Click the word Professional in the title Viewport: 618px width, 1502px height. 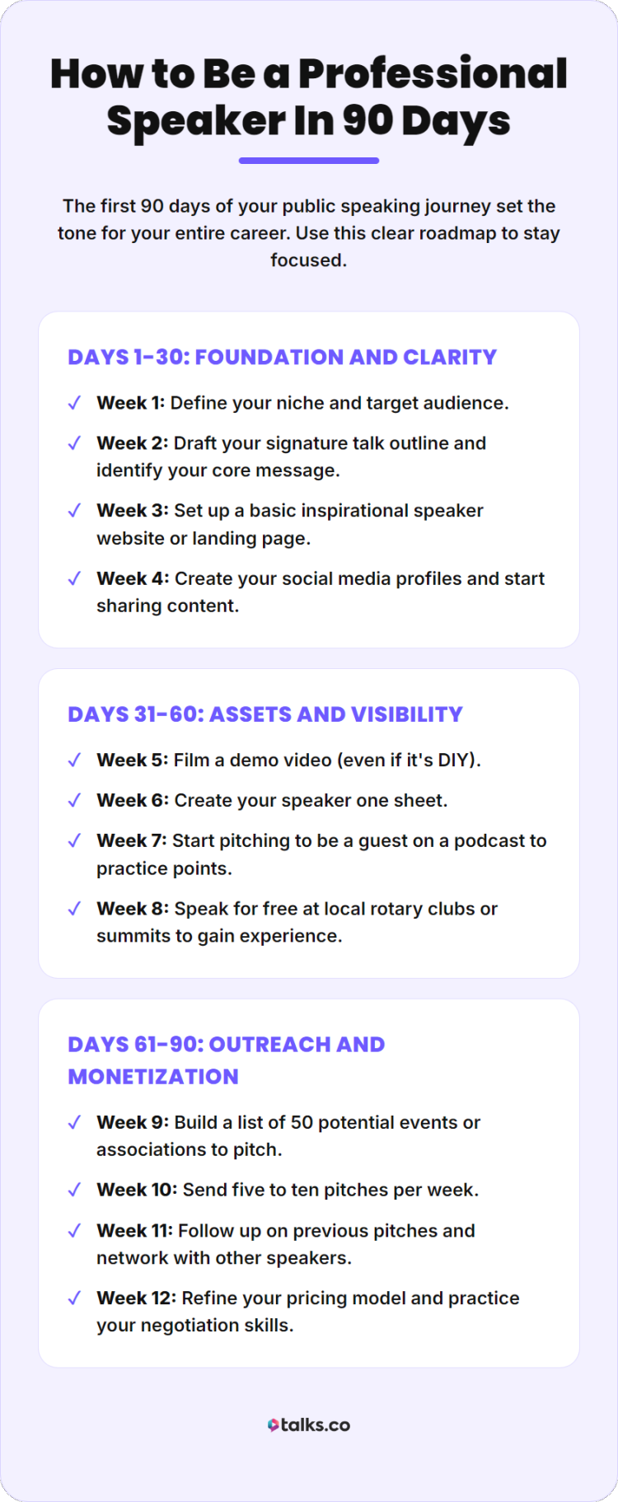pos(433,74)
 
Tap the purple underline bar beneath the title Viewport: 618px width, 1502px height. pos(308,161)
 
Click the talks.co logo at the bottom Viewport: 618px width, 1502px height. pos(309,1425)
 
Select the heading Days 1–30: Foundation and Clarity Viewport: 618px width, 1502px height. pos(282,357)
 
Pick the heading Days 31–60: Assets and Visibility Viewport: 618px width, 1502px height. pos(265,714)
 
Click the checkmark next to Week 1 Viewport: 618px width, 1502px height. pos(74,403)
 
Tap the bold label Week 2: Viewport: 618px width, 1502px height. pos(132,443)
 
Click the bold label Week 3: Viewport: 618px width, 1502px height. pos(132,511)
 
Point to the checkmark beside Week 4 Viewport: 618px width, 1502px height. pos(74,578)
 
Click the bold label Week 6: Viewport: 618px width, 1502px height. pos(132,800)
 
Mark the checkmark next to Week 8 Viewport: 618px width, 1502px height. pos(74,909)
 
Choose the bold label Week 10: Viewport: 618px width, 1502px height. pos(136,1190)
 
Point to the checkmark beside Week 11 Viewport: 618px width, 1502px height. pos(74,1231)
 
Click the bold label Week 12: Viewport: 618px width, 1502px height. pos(136,1298)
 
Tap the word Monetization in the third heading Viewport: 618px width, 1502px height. pos(153,1076)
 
